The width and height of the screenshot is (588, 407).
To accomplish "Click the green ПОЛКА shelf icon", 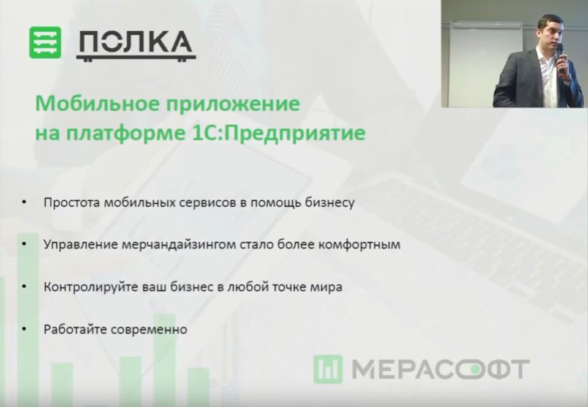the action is coord(45,42).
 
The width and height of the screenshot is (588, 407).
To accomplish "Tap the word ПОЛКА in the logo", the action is coord(136,45).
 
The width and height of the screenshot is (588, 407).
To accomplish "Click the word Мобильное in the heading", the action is coord(98,103).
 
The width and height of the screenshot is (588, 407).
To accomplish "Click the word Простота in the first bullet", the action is coord(72,203).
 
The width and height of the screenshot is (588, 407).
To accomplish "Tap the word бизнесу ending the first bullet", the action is coord(330,203).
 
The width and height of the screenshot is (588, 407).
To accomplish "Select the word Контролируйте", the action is coord(91,288).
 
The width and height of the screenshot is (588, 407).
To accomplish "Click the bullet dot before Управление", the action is coord(24,244).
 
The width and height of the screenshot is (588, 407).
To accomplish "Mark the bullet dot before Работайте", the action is coord(24,329).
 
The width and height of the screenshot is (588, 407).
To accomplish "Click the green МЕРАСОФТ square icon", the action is coord(328,369).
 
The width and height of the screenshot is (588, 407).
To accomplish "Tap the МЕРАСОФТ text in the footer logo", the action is coord(440,369).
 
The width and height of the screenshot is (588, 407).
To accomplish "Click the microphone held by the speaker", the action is coord(560,56).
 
